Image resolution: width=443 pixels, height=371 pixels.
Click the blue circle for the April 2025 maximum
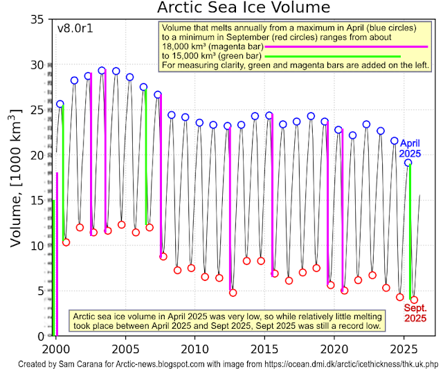[x=408, y=163]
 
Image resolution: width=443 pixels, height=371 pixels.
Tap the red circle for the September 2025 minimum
[x=414, y=300]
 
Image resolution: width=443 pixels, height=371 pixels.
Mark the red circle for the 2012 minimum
[x=233, y=293]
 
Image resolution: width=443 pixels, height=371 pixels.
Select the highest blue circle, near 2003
[x=102, y=71]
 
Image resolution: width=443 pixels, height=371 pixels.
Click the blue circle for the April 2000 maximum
[x=60, y=104]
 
